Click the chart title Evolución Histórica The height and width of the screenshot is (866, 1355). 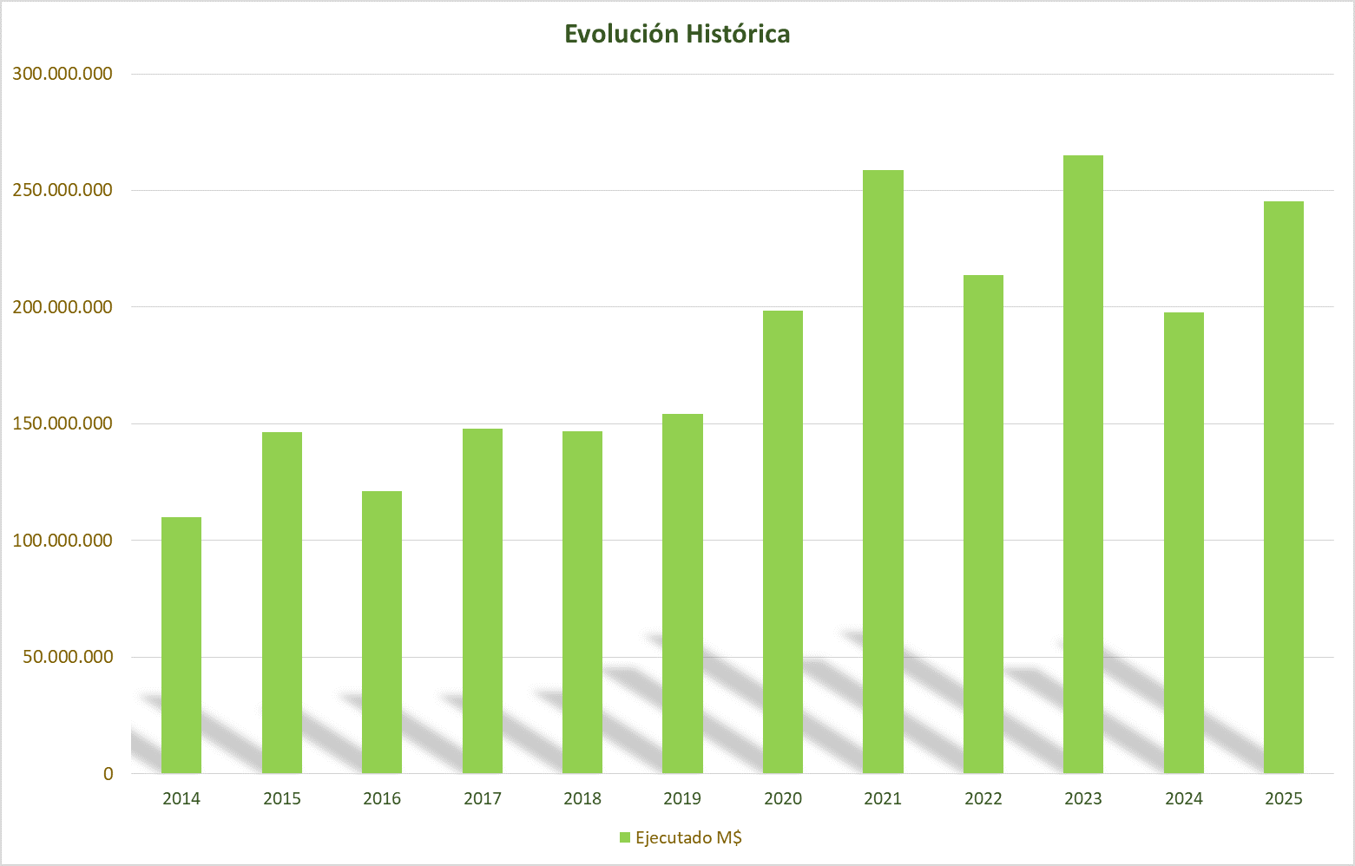point(677,34)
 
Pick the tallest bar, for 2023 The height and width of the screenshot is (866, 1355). point(1083,464)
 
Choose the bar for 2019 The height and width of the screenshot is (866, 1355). point(682,594)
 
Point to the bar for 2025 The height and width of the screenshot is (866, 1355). point(1284,487)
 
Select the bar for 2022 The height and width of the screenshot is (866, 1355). point(983,524)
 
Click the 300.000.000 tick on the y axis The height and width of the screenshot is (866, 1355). point(62,74)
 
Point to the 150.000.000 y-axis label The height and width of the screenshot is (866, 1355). point(62,423)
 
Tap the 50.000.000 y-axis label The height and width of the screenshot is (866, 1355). point(68,657)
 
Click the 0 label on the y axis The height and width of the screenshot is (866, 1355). point(108,774)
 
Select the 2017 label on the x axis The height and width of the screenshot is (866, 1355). point(483,798)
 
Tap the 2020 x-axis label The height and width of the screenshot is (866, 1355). point(783,798)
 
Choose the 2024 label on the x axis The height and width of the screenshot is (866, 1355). point(1184,798)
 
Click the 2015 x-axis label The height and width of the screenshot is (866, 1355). point(282,798)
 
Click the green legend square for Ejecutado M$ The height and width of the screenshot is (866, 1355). point(624,837)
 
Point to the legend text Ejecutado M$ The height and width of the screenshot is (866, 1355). point(688,837)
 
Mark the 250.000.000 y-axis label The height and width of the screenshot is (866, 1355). point(62,190)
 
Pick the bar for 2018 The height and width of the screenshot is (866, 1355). point(582,602)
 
